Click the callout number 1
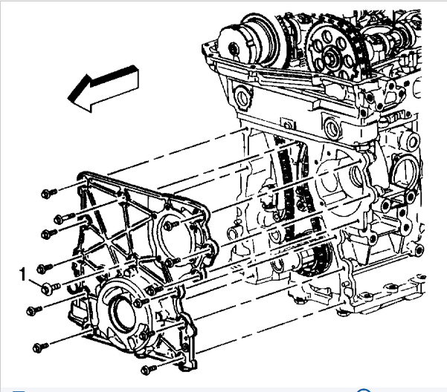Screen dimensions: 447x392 [23, 275]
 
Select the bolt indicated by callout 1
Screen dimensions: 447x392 [50, 288]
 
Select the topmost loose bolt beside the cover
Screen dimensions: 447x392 [49, 194]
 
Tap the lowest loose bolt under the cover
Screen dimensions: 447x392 [149, 369]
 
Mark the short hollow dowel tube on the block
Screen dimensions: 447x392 [233, 232]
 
